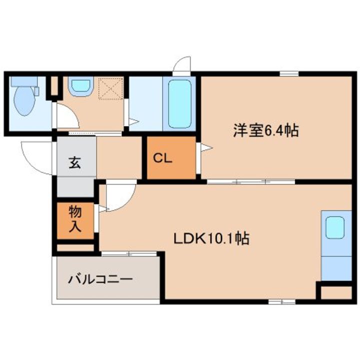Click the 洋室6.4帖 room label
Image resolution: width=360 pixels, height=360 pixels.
265,131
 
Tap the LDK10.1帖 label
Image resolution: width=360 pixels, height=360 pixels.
211,239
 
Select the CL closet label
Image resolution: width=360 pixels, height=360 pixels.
162,159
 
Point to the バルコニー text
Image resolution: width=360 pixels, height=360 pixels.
101,278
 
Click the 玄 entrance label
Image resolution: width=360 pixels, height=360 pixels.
75,162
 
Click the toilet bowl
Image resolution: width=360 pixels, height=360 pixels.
23,102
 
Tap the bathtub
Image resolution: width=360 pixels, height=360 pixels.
178,103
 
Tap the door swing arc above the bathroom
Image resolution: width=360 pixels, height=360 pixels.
182,64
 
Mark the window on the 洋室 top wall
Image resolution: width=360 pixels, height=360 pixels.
289,74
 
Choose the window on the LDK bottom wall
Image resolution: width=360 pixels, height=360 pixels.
281,301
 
